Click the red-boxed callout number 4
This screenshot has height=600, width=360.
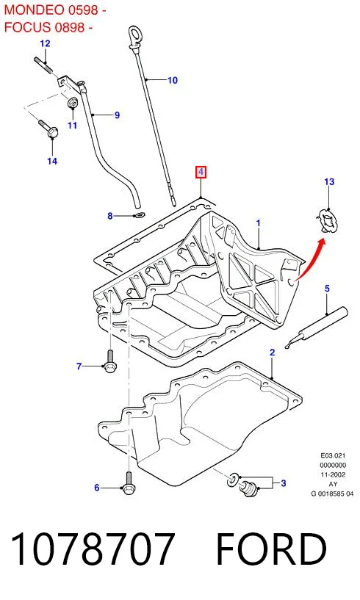tap(201, 172)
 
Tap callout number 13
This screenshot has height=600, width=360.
tap(329, 181)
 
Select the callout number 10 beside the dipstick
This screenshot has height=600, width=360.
tap(173, 80)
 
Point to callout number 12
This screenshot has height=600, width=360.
tap(45, 43)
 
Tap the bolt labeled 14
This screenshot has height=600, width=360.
tap(48, 129)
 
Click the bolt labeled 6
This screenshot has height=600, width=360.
tap(128, 483)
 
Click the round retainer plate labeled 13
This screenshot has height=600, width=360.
tap(328, 221)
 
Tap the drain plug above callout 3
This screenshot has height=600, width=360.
tap(249, 488)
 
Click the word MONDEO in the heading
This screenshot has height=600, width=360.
tap(34, 10)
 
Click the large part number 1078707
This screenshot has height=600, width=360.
tap(93, 549)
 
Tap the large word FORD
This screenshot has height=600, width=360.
tap(272, 549)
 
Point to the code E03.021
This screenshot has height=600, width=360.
tap(333, 455)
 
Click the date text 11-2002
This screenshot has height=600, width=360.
tap(333, 474)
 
